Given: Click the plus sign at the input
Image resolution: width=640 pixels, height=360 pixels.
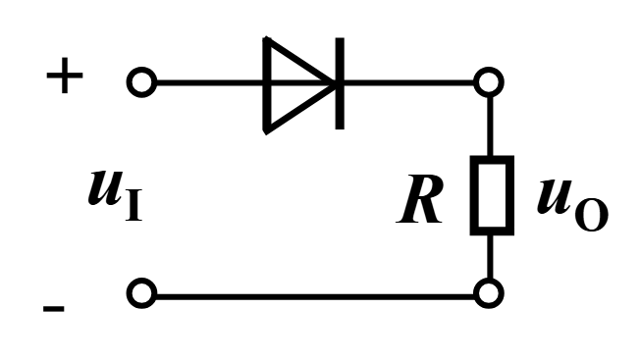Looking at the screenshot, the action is [65, 76].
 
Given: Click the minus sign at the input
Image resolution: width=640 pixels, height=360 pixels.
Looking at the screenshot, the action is [53, 309].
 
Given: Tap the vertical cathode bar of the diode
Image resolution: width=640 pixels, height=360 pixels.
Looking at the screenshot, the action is [340, 83].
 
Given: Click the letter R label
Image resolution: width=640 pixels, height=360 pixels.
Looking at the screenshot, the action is [419, 199].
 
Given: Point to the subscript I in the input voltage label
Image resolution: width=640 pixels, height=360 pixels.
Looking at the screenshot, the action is [133, 205].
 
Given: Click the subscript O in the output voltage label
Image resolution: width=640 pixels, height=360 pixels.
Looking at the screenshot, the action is [592, 215].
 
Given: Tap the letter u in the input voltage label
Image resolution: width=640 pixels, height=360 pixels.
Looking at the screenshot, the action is [105, 188].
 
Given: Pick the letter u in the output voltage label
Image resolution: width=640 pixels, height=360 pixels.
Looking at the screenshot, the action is [555, 196].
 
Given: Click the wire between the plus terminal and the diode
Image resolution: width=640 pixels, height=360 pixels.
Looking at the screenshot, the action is [210, 83].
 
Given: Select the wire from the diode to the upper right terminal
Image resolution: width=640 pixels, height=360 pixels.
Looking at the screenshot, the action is [409, 83].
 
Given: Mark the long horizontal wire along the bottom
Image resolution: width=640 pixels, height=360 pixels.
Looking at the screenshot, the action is [315, 296].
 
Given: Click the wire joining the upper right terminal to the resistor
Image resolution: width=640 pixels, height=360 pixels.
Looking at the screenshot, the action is [490, 127].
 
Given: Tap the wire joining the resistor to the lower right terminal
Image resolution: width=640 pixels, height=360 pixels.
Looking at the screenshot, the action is [490, 257].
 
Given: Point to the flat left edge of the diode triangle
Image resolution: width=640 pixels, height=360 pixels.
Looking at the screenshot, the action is [267, 85].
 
